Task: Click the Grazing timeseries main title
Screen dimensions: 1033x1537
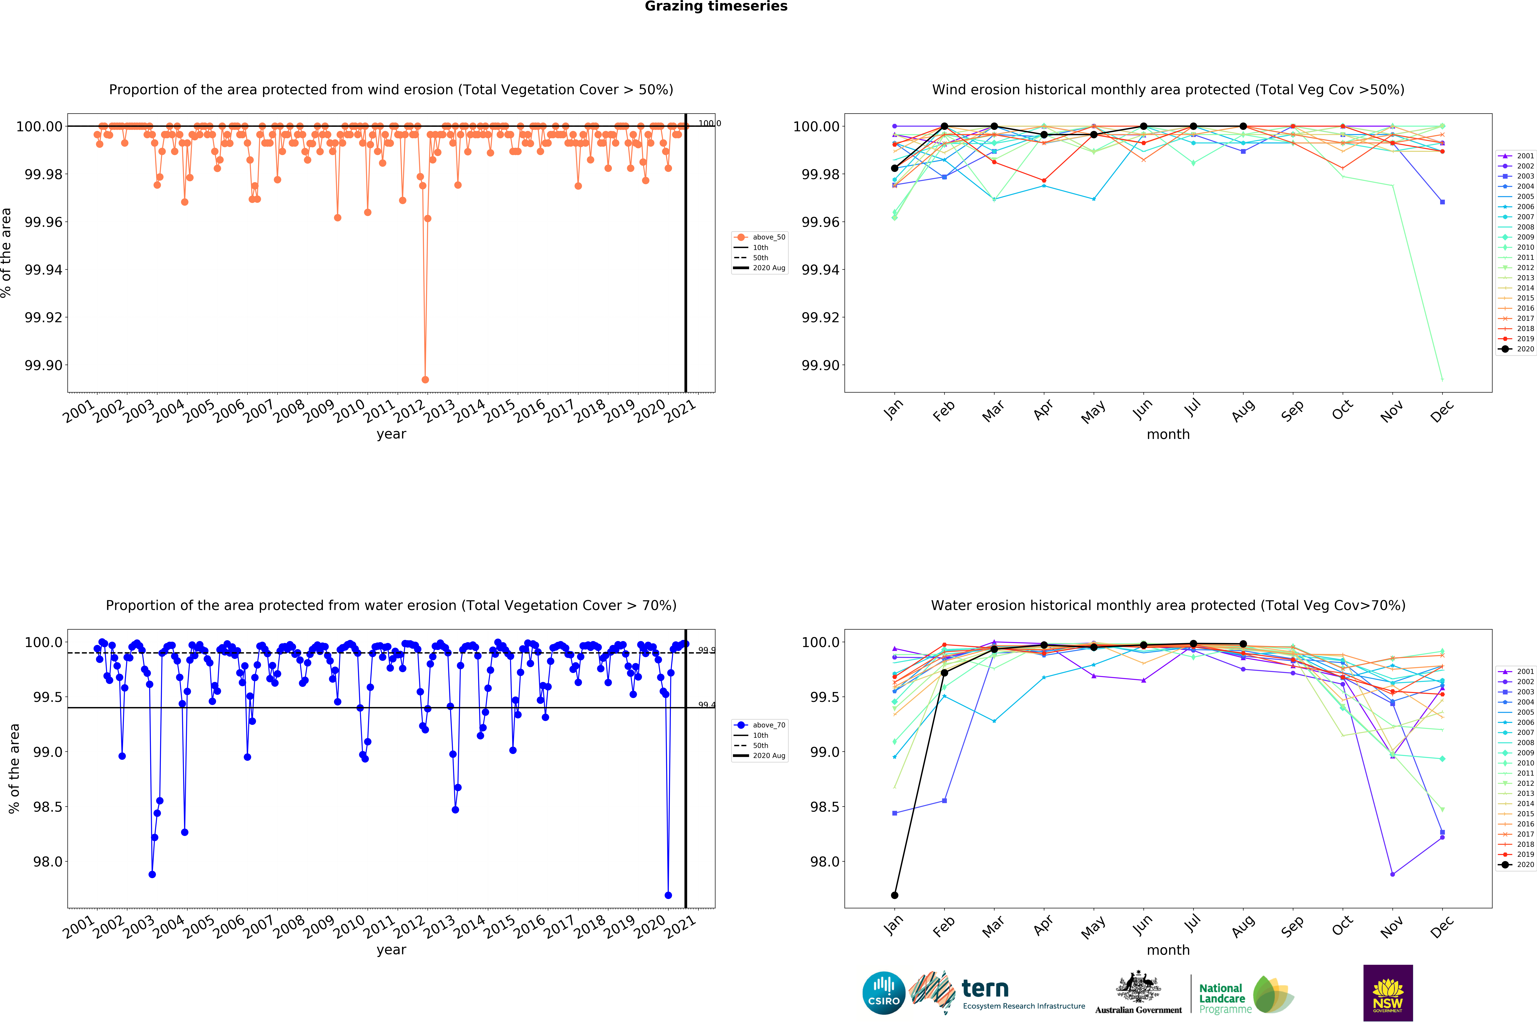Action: click(715, 7)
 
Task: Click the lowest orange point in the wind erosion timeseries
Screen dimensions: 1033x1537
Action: click(425, 379)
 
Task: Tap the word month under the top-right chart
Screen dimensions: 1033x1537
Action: click(1168, 434)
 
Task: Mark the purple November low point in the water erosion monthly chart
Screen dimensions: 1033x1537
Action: click(1392, 874)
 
